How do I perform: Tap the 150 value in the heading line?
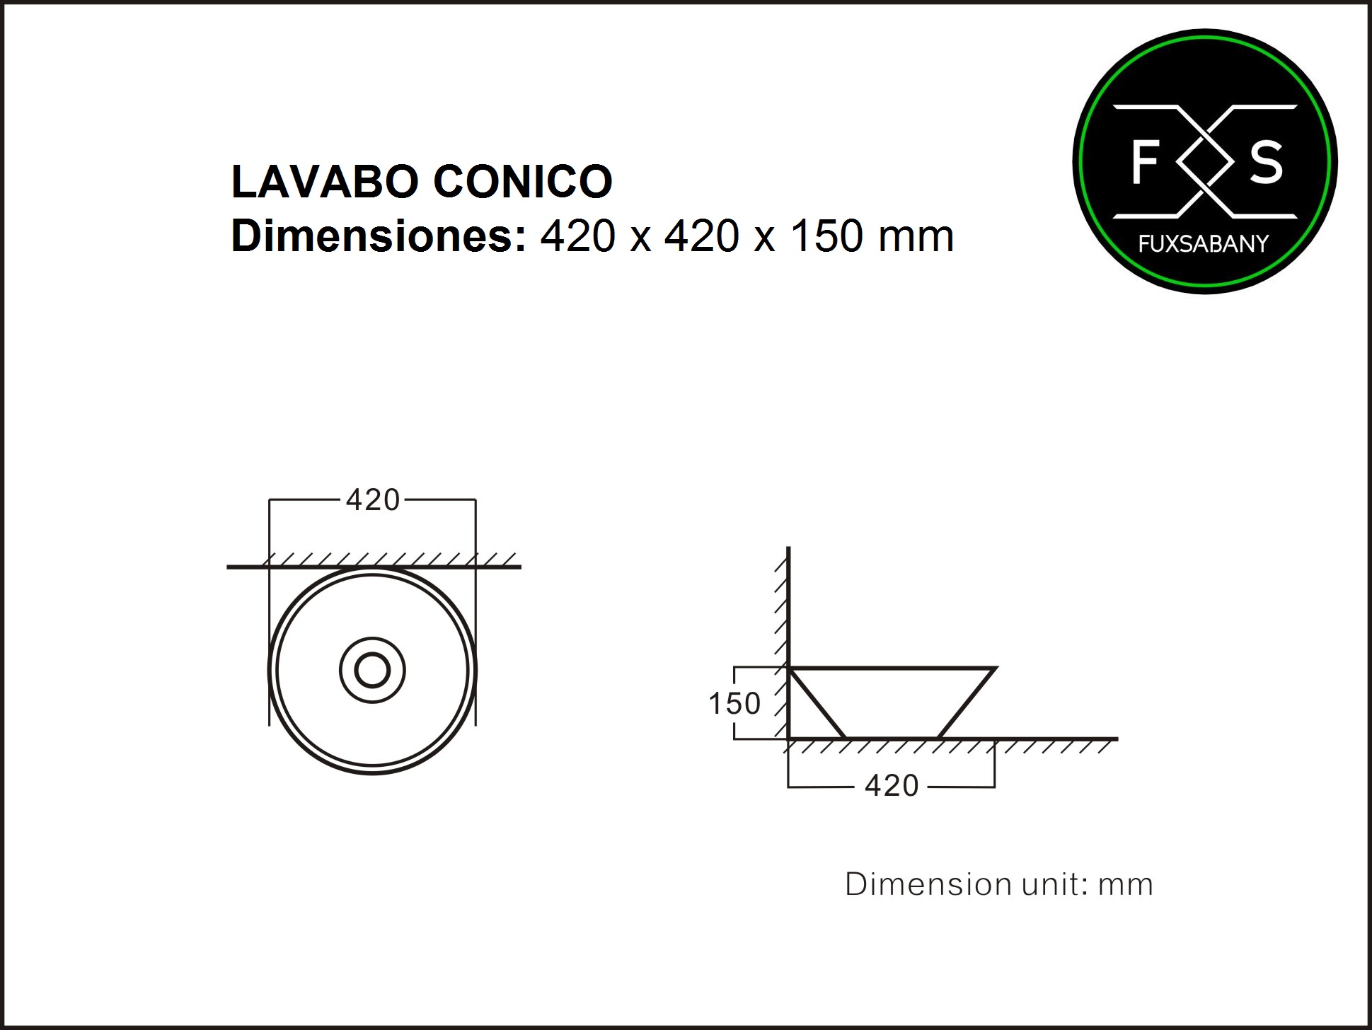click(826, 236)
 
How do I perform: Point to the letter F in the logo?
click(1144, 162)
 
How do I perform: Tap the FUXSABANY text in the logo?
click(1204, 244)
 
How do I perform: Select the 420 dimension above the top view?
click(373, 500)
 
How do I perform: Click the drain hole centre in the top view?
click(372, 670)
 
